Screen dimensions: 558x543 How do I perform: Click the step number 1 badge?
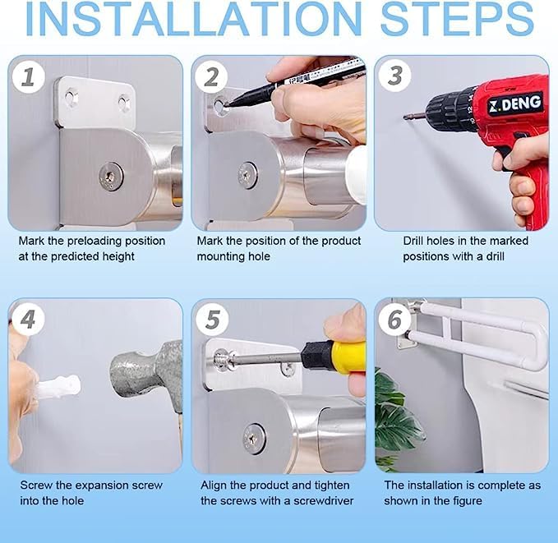click(29, 76)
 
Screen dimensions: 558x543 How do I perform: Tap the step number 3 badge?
click(394, 76)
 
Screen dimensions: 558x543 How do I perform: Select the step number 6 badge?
click(394, 319)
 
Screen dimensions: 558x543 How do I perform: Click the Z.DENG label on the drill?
click(515, 104)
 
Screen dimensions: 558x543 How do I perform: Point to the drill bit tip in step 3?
click(405, 117)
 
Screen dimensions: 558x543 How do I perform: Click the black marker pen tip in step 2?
click(227, 105)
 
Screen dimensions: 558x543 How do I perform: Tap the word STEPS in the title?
click(457, 19)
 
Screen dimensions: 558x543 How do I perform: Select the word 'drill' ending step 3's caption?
click(495, 256)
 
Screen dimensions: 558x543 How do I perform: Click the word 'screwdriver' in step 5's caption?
click(324, 500)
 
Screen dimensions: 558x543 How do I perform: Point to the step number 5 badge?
click(213, 319)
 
